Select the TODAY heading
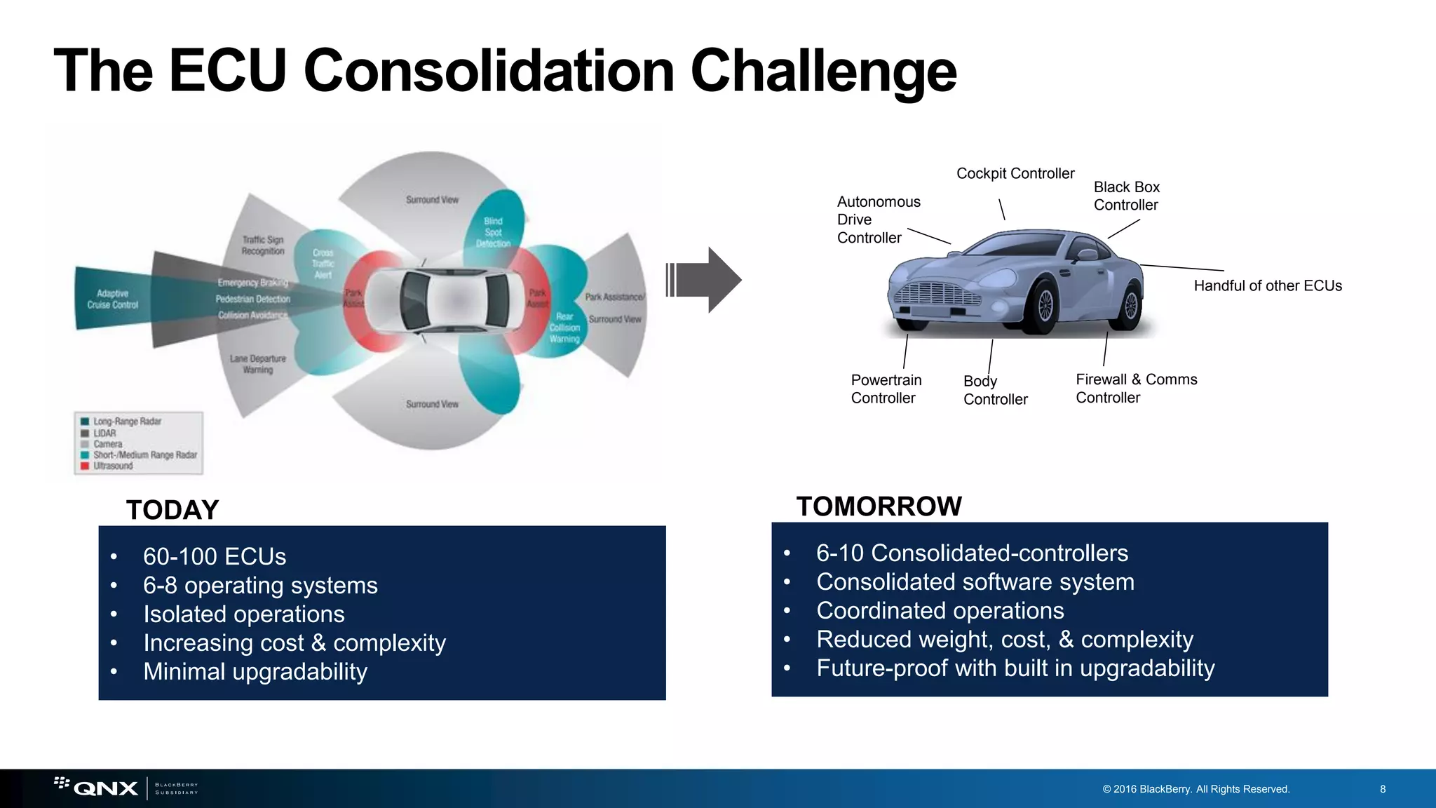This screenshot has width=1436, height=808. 172,510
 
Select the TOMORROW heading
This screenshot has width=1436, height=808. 879,506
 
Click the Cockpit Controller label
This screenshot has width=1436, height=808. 1015,173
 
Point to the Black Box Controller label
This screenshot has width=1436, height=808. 1126,196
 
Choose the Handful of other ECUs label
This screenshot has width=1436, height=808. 1267,285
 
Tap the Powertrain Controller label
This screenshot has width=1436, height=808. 886,389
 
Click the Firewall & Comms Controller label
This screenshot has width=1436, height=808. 1136,388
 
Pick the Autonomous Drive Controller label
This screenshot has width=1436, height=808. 878,220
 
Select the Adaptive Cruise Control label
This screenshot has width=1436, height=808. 112,299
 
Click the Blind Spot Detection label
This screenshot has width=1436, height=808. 493,232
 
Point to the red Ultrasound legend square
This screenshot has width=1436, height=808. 85,466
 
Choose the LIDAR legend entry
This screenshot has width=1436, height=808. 104,433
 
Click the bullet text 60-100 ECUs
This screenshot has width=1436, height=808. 215,556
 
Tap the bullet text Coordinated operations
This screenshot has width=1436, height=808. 940,610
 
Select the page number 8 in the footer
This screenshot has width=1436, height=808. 1382,789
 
